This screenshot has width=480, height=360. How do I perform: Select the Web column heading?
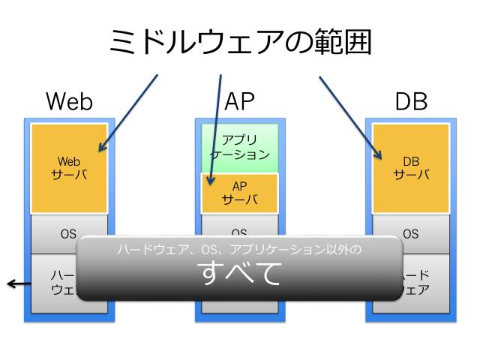pos(69,101)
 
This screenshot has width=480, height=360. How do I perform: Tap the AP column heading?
pos(240,101)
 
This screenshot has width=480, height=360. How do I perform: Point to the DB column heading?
pos(411,101)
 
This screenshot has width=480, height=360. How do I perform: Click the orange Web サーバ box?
pos(69,168)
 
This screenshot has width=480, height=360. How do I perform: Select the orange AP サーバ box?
pos(240,193)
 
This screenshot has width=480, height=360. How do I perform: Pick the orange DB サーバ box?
pos(411,168)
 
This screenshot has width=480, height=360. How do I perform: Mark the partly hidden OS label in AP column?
pos(240,232)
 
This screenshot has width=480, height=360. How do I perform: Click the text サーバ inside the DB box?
pos(411,175)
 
